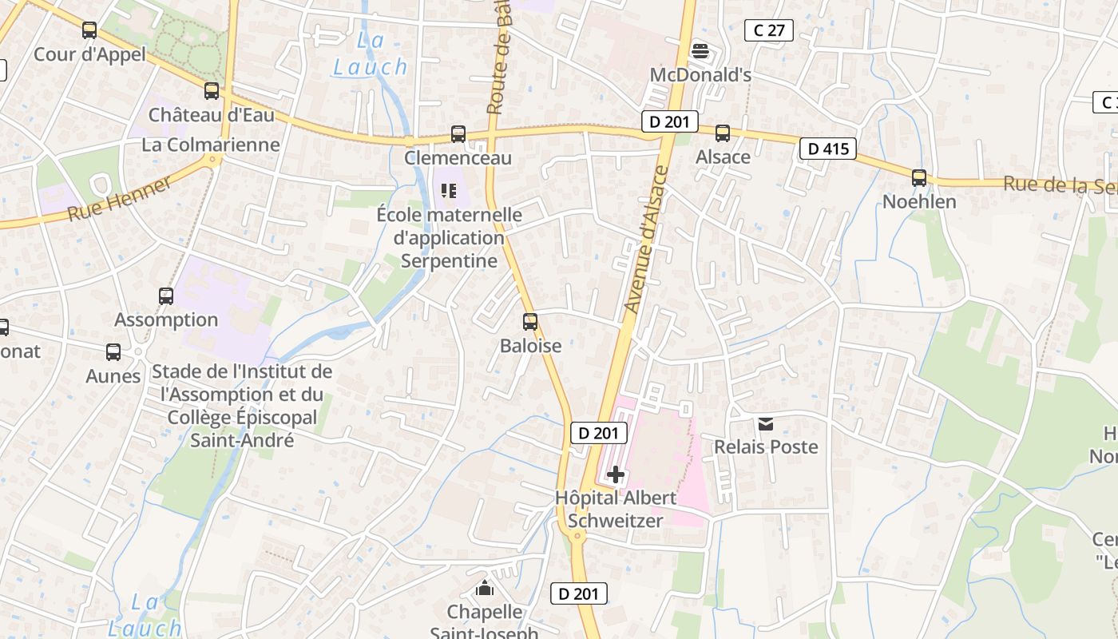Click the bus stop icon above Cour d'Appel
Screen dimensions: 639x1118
click(x=89, y=30)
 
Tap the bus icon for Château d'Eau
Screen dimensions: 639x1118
click(x=212, y=91)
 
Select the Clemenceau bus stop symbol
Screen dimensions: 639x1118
click(x=458, y=134)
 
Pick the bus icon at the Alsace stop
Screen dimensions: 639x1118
click(x=723, y=133)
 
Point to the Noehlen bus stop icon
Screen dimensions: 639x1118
click(x=919, y=178)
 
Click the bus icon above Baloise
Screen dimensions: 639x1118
click(x=530, y=322)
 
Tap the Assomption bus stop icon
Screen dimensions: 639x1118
click(x=166, y=296)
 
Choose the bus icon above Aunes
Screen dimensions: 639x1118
click(x=113, y=352)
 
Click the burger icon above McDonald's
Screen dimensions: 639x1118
click(x=700, y=52)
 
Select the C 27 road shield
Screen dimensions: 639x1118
click(x=769, y=30)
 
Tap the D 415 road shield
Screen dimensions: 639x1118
click(x=828, y=149)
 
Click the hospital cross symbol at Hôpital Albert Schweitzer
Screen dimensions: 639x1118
click(x=616, y=475)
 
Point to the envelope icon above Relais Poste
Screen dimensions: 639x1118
click(x=766, y=423)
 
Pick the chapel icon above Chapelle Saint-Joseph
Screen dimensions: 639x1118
click(x=484, y=589)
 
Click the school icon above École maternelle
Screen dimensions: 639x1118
click(x=449, y=191)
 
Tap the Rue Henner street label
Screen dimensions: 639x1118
click(x=120, y=200)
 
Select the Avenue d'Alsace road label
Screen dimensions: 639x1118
click(x=645, y=240)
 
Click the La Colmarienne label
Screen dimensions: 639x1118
click(x=211, y=145)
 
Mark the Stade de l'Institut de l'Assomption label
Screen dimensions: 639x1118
click(x=242, y=371)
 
